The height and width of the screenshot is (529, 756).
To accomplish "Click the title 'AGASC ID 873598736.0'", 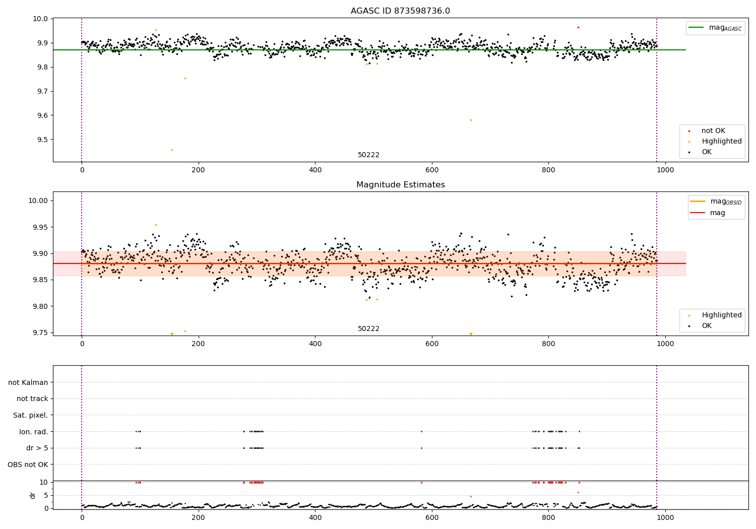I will tap(400, 11).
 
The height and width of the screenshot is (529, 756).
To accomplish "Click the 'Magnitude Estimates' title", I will tap(400, 185).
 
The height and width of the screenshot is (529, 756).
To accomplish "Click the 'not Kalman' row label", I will tap(28, 382).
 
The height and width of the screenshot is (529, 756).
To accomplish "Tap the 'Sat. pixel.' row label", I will tap(31, 415).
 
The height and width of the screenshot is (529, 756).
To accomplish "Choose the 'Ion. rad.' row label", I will tap(34, 432).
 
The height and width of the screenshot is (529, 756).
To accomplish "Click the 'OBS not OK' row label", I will tap(28, 465).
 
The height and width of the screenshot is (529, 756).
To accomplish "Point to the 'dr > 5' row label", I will tap(37, 448).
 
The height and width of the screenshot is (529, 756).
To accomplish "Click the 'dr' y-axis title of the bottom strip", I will tap(33, 495).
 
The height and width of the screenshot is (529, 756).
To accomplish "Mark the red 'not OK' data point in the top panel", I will tap(578, 27).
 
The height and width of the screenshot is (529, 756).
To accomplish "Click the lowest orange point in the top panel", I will tap(172, 150).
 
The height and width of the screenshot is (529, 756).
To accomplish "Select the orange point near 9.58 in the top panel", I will tap(471, 120).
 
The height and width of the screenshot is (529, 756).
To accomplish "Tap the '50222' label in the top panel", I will tap(368, 155).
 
